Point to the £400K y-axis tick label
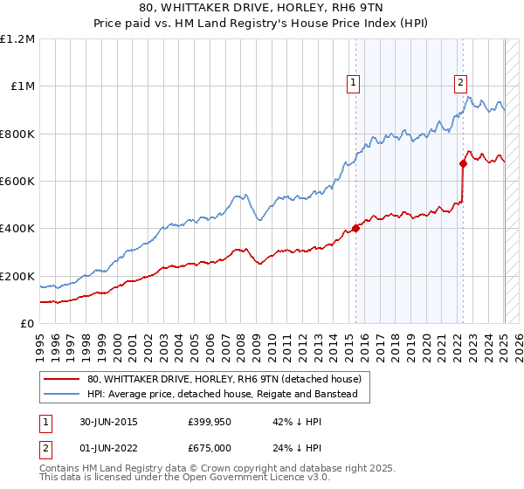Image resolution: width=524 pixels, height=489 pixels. [17, 229]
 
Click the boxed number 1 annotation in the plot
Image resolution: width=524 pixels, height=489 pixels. [353, 83]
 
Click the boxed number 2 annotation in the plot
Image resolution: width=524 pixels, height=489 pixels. [460, 83]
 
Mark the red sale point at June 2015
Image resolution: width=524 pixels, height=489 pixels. [355, 229]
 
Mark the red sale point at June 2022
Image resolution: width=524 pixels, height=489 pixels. [463, 163]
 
